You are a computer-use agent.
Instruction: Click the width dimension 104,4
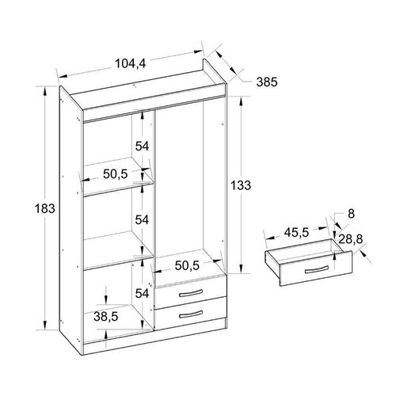pos(131,63)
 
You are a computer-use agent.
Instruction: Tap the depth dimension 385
pos(267,82)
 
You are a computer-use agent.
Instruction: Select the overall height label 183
pos(45,208)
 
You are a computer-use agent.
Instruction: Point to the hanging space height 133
pos(241,185)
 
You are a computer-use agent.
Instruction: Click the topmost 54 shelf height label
pos(142,146)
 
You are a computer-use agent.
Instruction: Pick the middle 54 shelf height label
pos(142,219)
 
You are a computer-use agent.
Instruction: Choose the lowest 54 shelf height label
pos(142,293)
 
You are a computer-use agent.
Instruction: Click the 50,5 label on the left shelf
pos(116,174)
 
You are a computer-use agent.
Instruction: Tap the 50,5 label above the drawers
pos(187,265)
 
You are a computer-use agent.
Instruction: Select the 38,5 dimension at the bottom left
pos(105,317)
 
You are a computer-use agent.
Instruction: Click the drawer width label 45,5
pos(296,233)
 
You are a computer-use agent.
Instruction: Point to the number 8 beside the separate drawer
pos(351,214)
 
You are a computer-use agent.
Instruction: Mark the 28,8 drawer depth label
pos(351,240)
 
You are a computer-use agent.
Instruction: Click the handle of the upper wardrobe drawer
pos(191,293)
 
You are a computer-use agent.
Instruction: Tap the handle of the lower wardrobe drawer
pos(191,314)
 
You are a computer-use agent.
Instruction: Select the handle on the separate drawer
pos(317,270)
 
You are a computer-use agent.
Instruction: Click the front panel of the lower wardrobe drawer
pos(191,313)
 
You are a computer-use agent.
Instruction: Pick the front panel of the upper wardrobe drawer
pos(191,291)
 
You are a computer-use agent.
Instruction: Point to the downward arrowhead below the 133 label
pos(241,268)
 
